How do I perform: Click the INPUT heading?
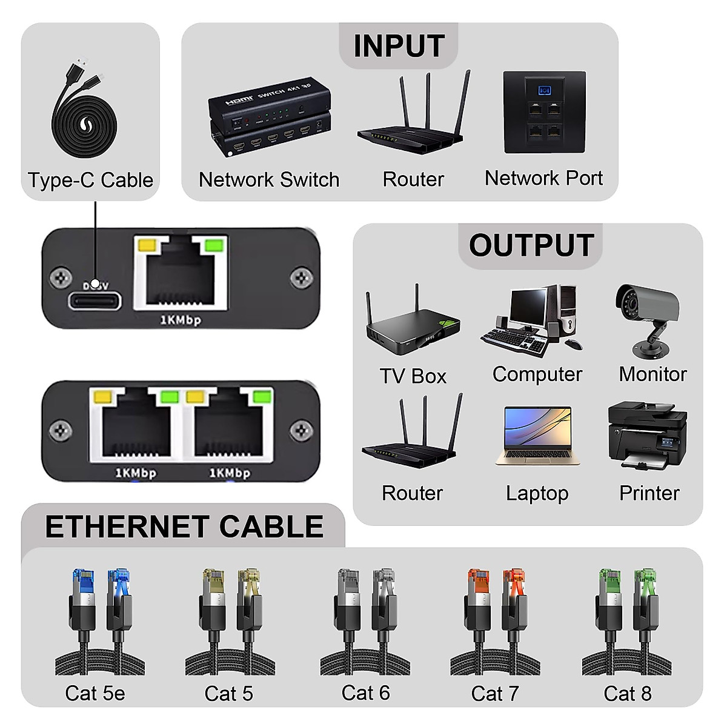click(399, 46)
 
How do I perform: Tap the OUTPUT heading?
click(531, 245)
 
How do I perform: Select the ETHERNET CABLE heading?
click(184, 526)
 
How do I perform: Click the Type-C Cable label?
click(90, 180)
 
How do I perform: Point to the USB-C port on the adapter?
click(95, 300)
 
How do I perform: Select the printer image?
click(647, 434)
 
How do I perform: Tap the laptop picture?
click(537, 437)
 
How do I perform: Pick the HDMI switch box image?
click(270, 118)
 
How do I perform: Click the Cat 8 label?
click(628, 693)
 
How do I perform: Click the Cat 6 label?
click(365, 692)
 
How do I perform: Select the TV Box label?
click(413, 376)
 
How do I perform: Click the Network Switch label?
click(269, 180)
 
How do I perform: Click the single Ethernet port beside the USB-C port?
click(180, 273)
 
